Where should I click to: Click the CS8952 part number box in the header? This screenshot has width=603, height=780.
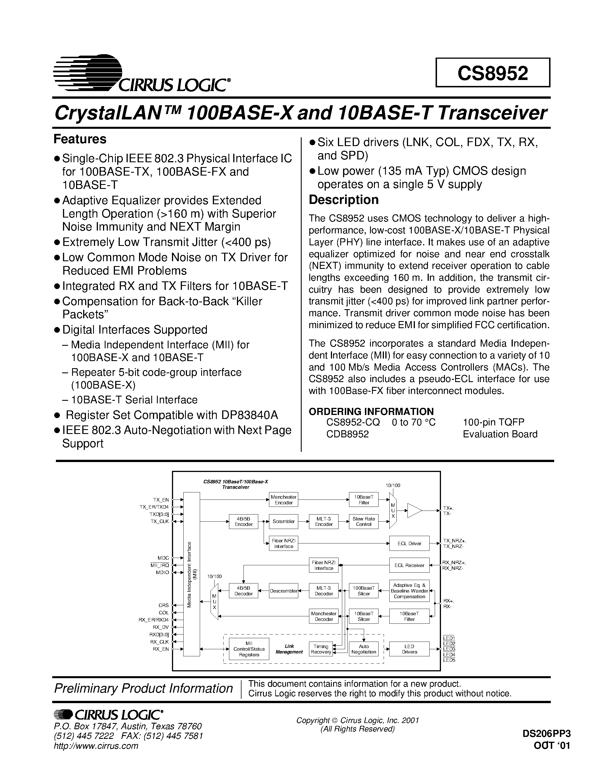[x=493, y=73]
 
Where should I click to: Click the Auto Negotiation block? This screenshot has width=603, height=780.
[x=364, y=649]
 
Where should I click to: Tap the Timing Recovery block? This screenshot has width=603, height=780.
[x=321, y=649]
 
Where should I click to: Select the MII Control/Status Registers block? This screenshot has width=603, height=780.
[x=249, y=649]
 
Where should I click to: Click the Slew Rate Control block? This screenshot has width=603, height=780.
[x=364, y=521]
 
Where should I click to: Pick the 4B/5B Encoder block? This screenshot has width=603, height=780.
[x=244, y=521]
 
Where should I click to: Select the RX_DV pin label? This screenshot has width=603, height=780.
[x=161, y=627]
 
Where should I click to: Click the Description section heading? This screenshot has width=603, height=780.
[x=344, y=200]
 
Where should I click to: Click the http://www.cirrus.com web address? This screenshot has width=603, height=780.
[x=96, y=746]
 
